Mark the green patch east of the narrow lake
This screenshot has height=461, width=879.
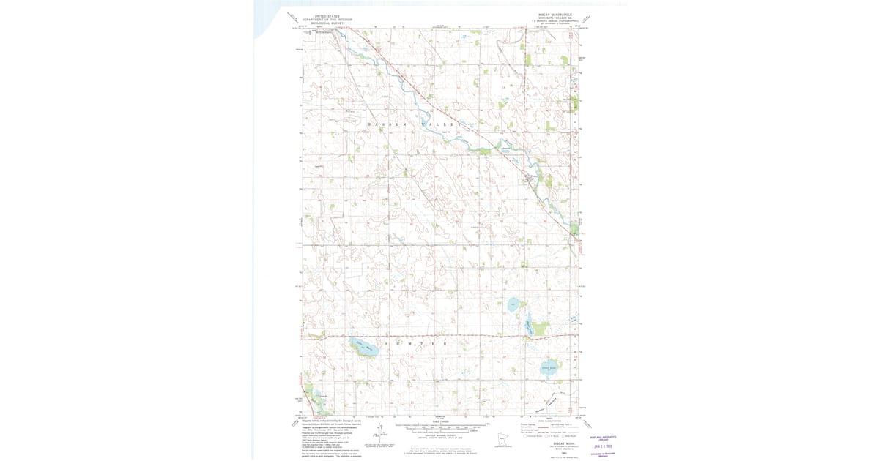[541, 327]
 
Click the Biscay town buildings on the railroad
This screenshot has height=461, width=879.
[529, 176]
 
